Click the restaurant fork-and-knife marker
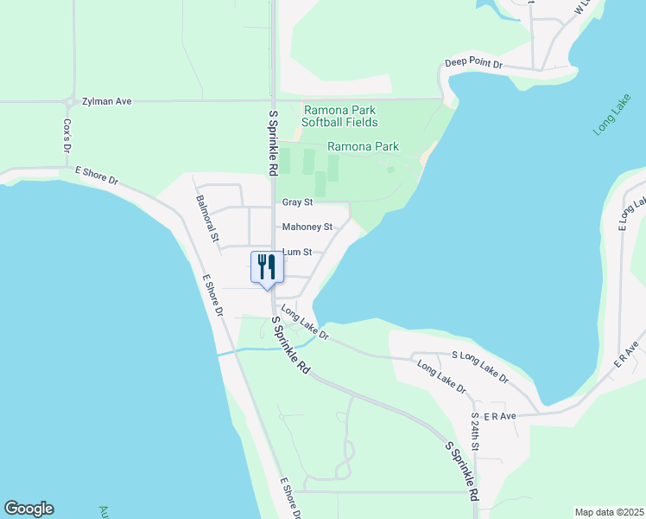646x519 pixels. [x=266, y=266]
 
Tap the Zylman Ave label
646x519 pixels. [x=106, y=101]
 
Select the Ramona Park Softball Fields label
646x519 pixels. [x=339, y=116]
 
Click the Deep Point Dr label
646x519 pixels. [x=472, y=63]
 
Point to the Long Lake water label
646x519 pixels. [x=612, y=117]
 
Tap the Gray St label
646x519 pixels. [x=296, y=202]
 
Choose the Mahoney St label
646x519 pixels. [x=307, y=227]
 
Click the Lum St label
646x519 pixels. [x=296, y=253]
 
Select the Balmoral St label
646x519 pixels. [x=208, y=218]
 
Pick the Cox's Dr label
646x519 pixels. [x=66, y=137]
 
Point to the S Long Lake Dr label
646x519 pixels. [x=480, y=367]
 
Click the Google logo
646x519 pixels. [x=28, y=509]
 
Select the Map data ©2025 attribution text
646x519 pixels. [x=608, y=511]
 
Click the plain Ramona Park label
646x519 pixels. [x=363, y=147]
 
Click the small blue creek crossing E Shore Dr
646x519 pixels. [x=226, y=352]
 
